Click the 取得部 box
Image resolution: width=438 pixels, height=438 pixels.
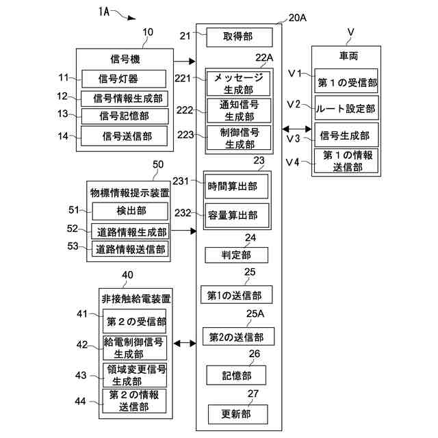(x=240, y=37)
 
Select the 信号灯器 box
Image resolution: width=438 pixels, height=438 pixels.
(x=124, y=79)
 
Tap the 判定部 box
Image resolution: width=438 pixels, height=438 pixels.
(x=236, y=255)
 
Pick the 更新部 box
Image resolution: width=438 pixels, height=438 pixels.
(x=237, y=414)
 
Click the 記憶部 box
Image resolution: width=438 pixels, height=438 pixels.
(x=236, y=375)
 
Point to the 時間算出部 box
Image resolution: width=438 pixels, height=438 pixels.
(x=236, y=186)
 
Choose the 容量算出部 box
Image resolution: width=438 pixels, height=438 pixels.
(x=237, y=216)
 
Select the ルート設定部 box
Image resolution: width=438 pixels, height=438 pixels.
(x=346, y=108)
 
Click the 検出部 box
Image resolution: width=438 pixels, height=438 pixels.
(x=130, y=211)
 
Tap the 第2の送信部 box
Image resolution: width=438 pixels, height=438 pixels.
(x=238, y=337)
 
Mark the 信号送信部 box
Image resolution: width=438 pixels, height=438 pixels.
(x=125, y=136)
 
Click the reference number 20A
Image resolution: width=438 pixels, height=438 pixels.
(x=298, y=18)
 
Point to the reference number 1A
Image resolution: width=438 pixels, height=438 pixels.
(x=104, y=12)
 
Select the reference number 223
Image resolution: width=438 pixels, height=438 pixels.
(x=185, y=135)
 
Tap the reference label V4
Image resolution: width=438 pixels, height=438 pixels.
(x=292, y=162)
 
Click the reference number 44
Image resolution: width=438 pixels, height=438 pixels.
(x=80, y=402)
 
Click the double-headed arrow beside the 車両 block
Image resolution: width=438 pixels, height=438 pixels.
(x=296, y=129)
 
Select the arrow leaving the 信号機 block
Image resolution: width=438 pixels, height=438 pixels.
(x=184, y=61)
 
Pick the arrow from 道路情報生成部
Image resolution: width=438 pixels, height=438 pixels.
(x=183, y=231)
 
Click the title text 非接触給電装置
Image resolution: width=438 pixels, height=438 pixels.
(x=136, y=299)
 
